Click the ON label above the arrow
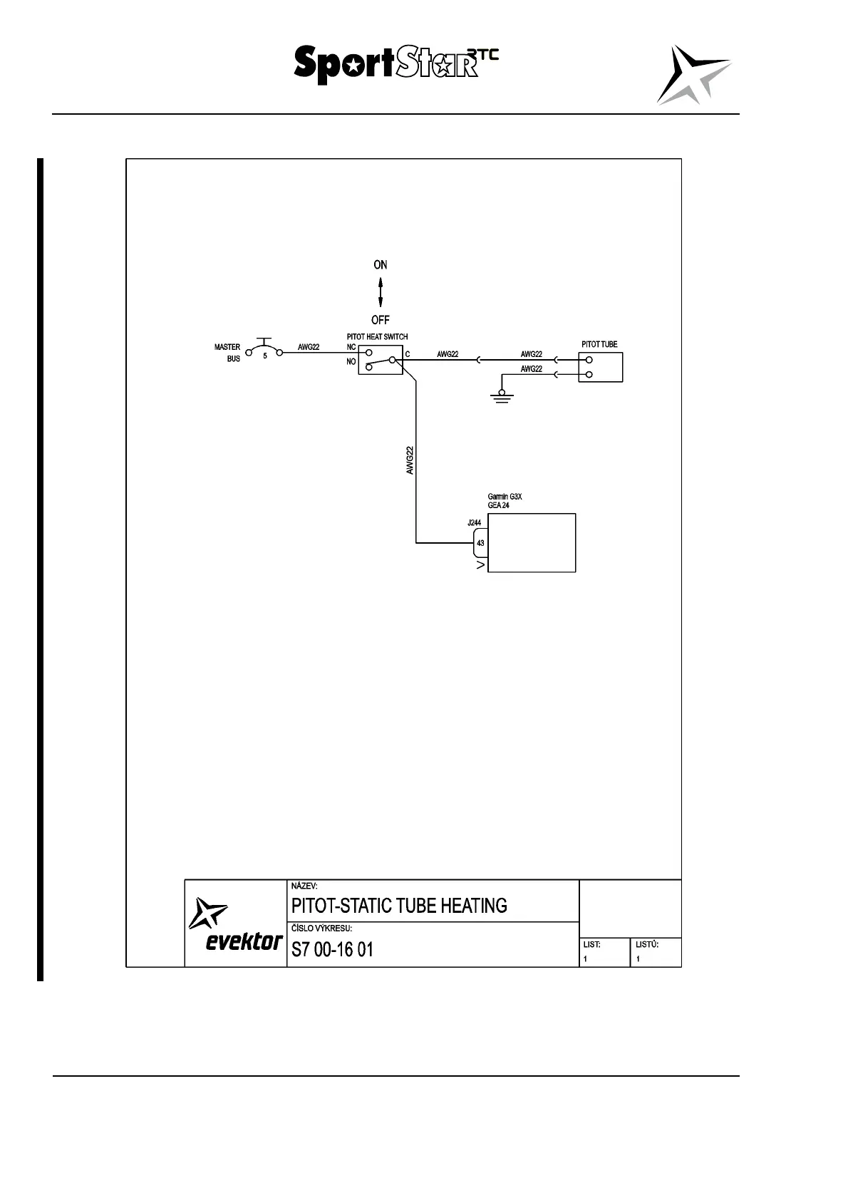(381, 265)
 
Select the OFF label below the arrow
(381, 320)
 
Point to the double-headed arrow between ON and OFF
(381, 292)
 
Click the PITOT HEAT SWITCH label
(377, 336)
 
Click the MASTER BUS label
(228, 353)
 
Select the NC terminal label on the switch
(351, 347)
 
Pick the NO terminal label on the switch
(351, 362)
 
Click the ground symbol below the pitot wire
(502, 396)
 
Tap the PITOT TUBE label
(599, 344)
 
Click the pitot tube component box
(600, 367)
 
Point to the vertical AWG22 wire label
(410, 460)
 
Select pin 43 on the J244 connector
(480, 543)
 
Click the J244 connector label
(474, 523)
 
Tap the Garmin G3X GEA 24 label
(505, 501)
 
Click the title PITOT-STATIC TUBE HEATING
(399, 906)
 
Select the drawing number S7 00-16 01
(332, 950)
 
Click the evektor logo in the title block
(235, 925)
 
